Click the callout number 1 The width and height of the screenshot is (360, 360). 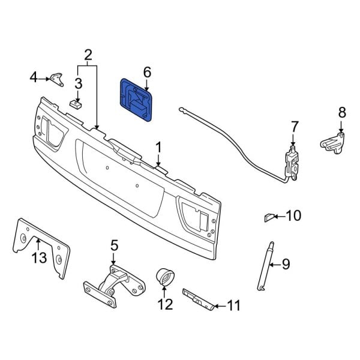point(159,147)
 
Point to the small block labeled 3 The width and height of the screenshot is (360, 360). point(76,104)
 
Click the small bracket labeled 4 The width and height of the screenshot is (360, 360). point(57,79)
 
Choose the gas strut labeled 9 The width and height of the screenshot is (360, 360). point(265,264)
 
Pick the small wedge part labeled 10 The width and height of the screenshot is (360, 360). point(269,216)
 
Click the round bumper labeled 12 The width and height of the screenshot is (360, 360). point(164,278)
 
